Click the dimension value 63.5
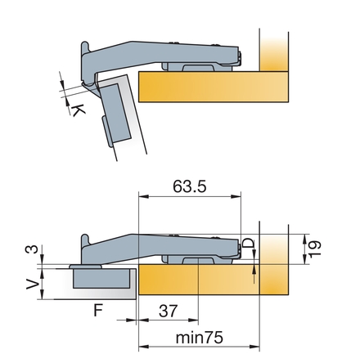[x=190, y=186]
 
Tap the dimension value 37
[x=169, y=311]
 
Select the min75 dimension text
[x=200, y=338]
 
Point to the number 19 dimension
[x=315, y=249]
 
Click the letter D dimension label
[x=248, y=243]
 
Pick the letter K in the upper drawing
[x=78, y=110]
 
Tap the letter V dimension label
[x=32, y=284]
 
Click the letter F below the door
[x=98, y=311]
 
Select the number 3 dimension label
[x=32, y=249]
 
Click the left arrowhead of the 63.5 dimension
[x=144, y=196]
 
